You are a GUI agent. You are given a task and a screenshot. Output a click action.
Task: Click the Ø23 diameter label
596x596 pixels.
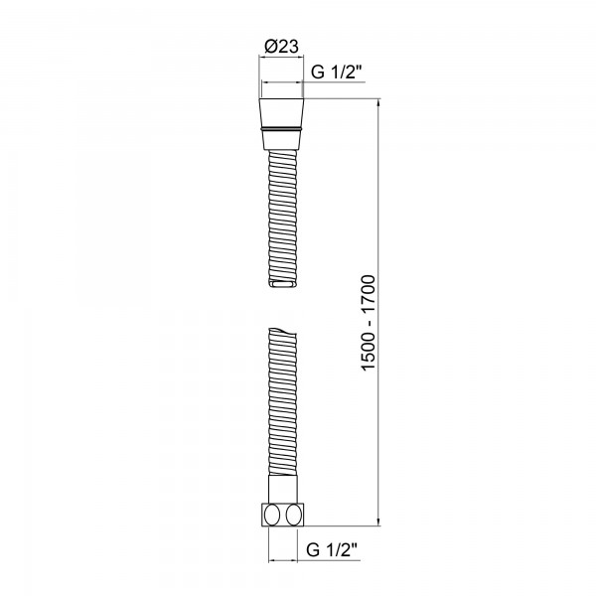(281, 45)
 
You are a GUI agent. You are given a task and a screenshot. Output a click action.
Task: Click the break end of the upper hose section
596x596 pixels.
(281, 286)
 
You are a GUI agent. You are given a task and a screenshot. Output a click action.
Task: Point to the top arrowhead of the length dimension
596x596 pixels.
(380, 104)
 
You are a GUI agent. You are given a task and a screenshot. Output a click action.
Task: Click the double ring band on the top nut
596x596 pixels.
(281, 129)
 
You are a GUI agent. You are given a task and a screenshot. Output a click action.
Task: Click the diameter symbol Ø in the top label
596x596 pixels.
(270, 45)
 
